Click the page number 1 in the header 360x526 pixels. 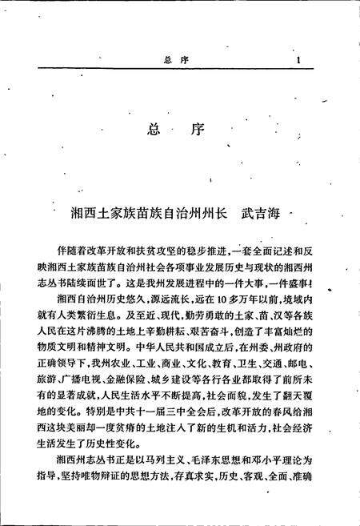(x=298, y=58)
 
